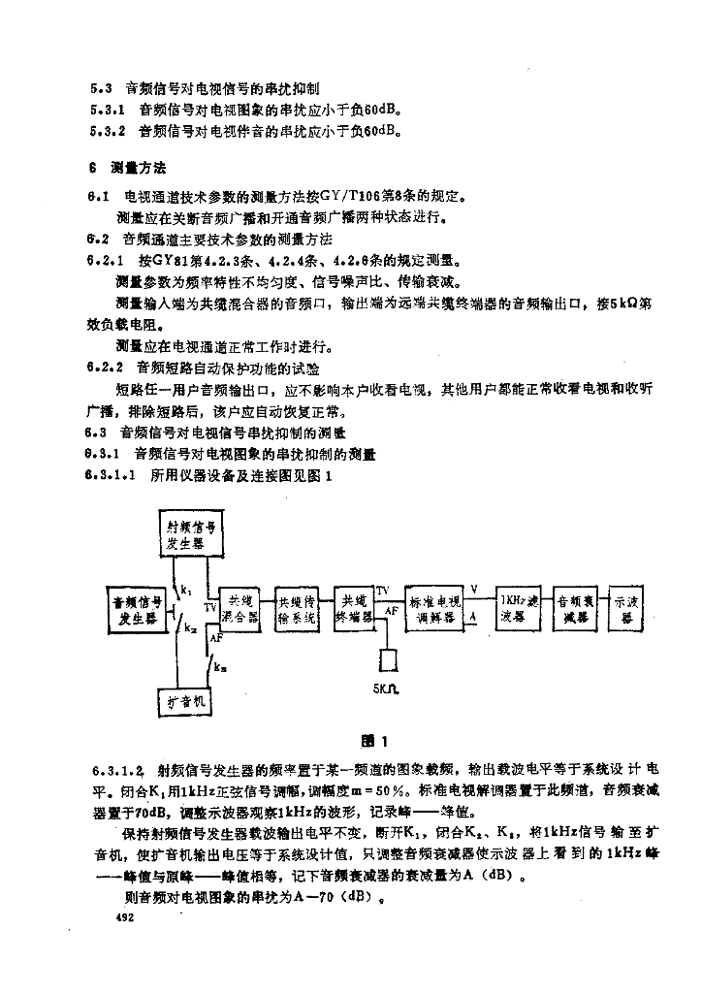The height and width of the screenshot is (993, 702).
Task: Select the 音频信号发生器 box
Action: click(137, 608)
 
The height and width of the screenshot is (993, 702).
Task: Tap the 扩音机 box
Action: click(184, 700)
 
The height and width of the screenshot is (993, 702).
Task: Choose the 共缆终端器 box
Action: click(353, 608)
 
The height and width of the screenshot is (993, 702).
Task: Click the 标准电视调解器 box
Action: click(436, 609)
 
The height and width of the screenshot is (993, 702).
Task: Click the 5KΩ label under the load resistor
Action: click(386, 692)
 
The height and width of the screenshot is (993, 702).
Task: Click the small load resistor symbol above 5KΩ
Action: click(388, 659)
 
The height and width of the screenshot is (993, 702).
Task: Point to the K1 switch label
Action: click(185, 589)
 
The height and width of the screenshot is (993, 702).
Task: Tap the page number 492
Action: click(123, 915)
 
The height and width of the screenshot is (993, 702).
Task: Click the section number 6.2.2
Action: click(105, 368)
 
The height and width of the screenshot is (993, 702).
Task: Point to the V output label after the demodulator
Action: click(474, 589)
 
